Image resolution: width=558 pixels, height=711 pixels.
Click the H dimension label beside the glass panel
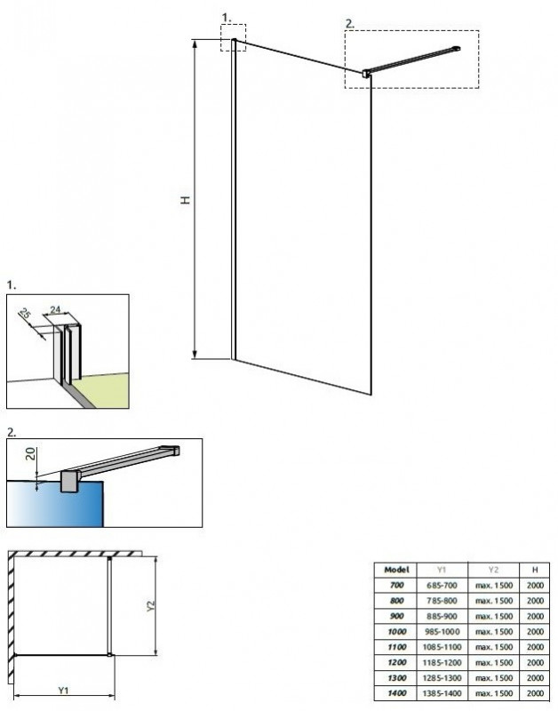coord(186,199)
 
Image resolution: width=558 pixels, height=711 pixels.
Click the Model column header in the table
coord(396,570)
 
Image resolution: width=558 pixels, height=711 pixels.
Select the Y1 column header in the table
coord(442,570)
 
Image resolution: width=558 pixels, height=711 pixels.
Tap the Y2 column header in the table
coord(493,570)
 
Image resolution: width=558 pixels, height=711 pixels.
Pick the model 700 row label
coord(396,585)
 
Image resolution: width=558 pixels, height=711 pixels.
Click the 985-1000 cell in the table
coord(442,632)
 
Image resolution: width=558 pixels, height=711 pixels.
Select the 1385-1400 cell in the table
coord(442,693)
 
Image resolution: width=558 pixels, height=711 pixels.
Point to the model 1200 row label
coord(396,662)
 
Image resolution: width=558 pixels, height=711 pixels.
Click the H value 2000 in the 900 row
coord(535,616)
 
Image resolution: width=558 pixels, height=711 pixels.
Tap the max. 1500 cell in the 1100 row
coord(494,647)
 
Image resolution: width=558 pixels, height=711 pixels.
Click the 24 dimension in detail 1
coord(55,309)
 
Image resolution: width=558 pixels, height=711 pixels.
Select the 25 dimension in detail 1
coord(26,313)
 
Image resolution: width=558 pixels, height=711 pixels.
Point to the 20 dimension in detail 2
coord(30,454)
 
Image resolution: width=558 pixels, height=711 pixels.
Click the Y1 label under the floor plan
coord(63,691)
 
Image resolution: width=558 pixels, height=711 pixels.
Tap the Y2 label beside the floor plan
coord(150,606)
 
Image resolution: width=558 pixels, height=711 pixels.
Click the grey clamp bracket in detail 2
coord(70,481)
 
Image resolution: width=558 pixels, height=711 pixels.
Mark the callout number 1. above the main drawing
coord(227,18)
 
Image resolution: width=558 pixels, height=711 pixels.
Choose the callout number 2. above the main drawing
coord(349,24)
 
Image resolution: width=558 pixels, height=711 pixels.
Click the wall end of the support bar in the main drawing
coord(457,48)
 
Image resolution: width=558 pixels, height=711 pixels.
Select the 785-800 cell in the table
coord(442,601)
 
